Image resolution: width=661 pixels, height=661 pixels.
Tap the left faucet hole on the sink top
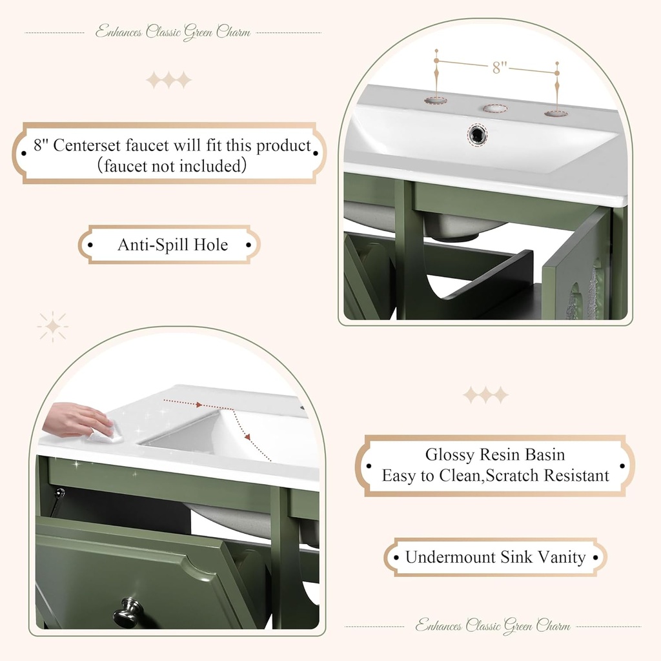tap(436, 100)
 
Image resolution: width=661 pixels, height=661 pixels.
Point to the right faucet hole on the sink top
tap(556, 114)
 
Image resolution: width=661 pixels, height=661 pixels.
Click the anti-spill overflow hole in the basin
tap(478, 134)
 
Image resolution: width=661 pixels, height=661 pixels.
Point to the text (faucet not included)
tap(172, 166)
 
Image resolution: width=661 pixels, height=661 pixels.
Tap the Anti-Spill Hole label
tap(172, 245)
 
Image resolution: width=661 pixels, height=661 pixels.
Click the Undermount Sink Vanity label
tap(495, 557)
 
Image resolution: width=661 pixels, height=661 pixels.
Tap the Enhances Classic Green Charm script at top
tap(172, 32)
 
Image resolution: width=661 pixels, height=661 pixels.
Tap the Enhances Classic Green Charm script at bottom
tap(493, 625)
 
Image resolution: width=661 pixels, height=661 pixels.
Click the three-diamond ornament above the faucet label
tap(168, 80)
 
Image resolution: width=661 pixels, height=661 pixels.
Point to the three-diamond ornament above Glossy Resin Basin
tap(485, 394)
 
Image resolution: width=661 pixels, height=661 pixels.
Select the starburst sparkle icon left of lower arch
tap(52, 327)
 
